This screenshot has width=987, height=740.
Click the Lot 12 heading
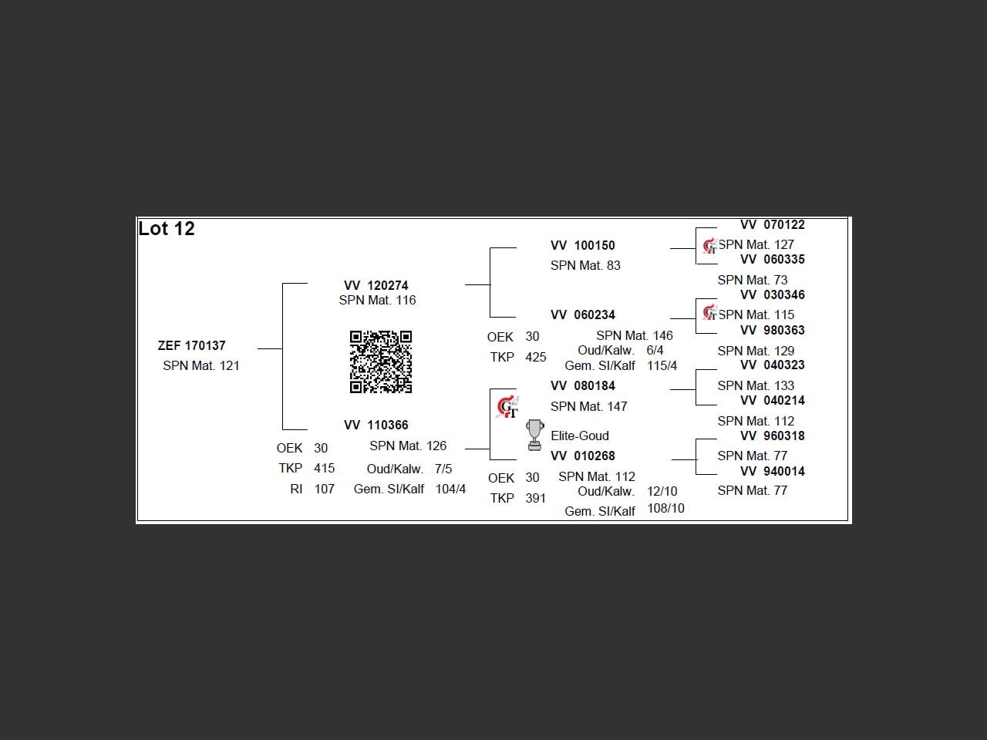tap(167, 229)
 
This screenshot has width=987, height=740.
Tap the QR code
tap(381, 362)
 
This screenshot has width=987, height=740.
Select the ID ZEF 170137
tap(192, 345)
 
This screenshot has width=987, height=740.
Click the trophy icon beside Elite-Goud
tap(534, 435)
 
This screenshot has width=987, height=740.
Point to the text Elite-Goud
tap(580, 436)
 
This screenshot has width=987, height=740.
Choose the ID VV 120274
tap(376, 285)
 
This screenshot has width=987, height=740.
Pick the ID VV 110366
tap(376, 425)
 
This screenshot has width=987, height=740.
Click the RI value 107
tap(325, 489)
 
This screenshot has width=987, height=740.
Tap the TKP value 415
tap(325, 468)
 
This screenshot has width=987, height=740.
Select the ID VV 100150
tap(583, 245)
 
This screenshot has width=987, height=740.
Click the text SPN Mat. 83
tap(585, 265)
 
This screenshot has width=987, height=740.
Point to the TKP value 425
tap(536, 357)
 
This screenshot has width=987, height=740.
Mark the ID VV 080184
tap(583, 385)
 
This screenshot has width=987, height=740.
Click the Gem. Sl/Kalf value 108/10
tap(665, 509)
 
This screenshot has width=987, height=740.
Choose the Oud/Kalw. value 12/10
tap(662, 491)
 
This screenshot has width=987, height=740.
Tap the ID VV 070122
tap(773, 225)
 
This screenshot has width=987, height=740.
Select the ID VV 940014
tap(773, 471)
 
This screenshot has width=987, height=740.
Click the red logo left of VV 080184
tap(507, 406)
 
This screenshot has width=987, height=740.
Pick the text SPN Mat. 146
tap(635, 335)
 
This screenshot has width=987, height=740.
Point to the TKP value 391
tap(536, 498)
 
